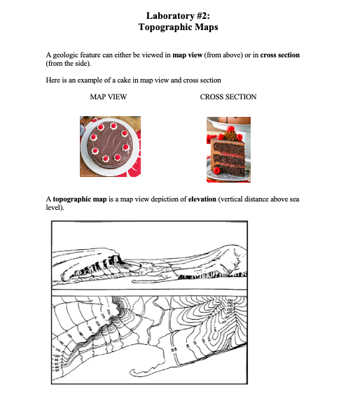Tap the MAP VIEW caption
109,97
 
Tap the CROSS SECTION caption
228,97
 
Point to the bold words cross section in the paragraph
280,55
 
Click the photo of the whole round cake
110,146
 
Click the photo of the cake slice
228,146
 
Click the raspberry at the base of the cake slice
217,169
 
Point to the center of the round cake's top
110,143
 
